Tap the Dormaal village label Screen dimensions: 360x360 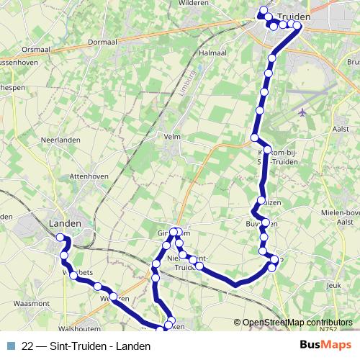[102, 42]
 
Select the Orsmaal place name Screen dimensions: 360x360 [37, 50]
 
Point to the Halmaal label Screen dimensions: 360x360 [212, 53]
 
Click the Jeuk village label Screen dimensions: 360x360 [333, 286]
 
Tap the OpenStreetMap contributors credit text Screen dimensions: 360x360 [297, 323]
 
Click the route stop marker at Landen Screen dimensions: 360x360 [60, 238]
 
